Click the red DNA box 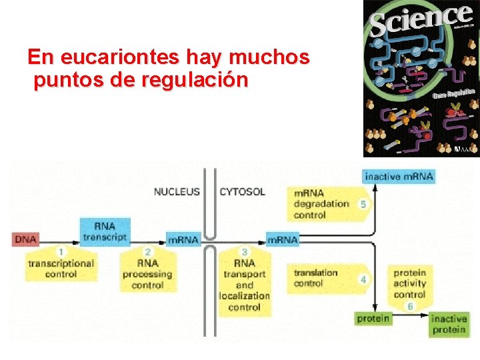pyautogui.click(x=26, y=239)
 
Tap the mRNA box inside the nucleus pyautogui.click(x=183, y=239)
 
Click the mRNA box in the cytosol pyautogui.click(x=282, y=239)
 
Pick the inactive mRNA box pyautogui.click(x=399, y=176)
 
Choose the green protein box pyautogui.click(x=373, y=319)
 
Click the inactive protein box pyautogui.click(x=449, y=325)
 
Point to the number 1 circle pyautogui.click(x=61, y=252)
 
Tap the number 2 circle pyautogui.click(x=147, y=251)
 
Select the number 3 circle pyautogui.click(x=245, y=251)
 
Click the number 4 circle pyautogui.click(x=363, y=279)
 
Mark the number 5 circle pyautogui.click(x=363, y=204)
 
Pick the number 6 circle pyautogui.click(x=409, y=306)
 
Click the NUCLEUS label pyautogui.click(x=177, y=192)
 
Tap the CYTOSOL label pyautogui.click(x=242, y=192)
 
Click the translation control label pyautogui.click(x=315, y=278)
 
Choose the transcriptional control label pyautogui.click(x=61, y=269)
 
